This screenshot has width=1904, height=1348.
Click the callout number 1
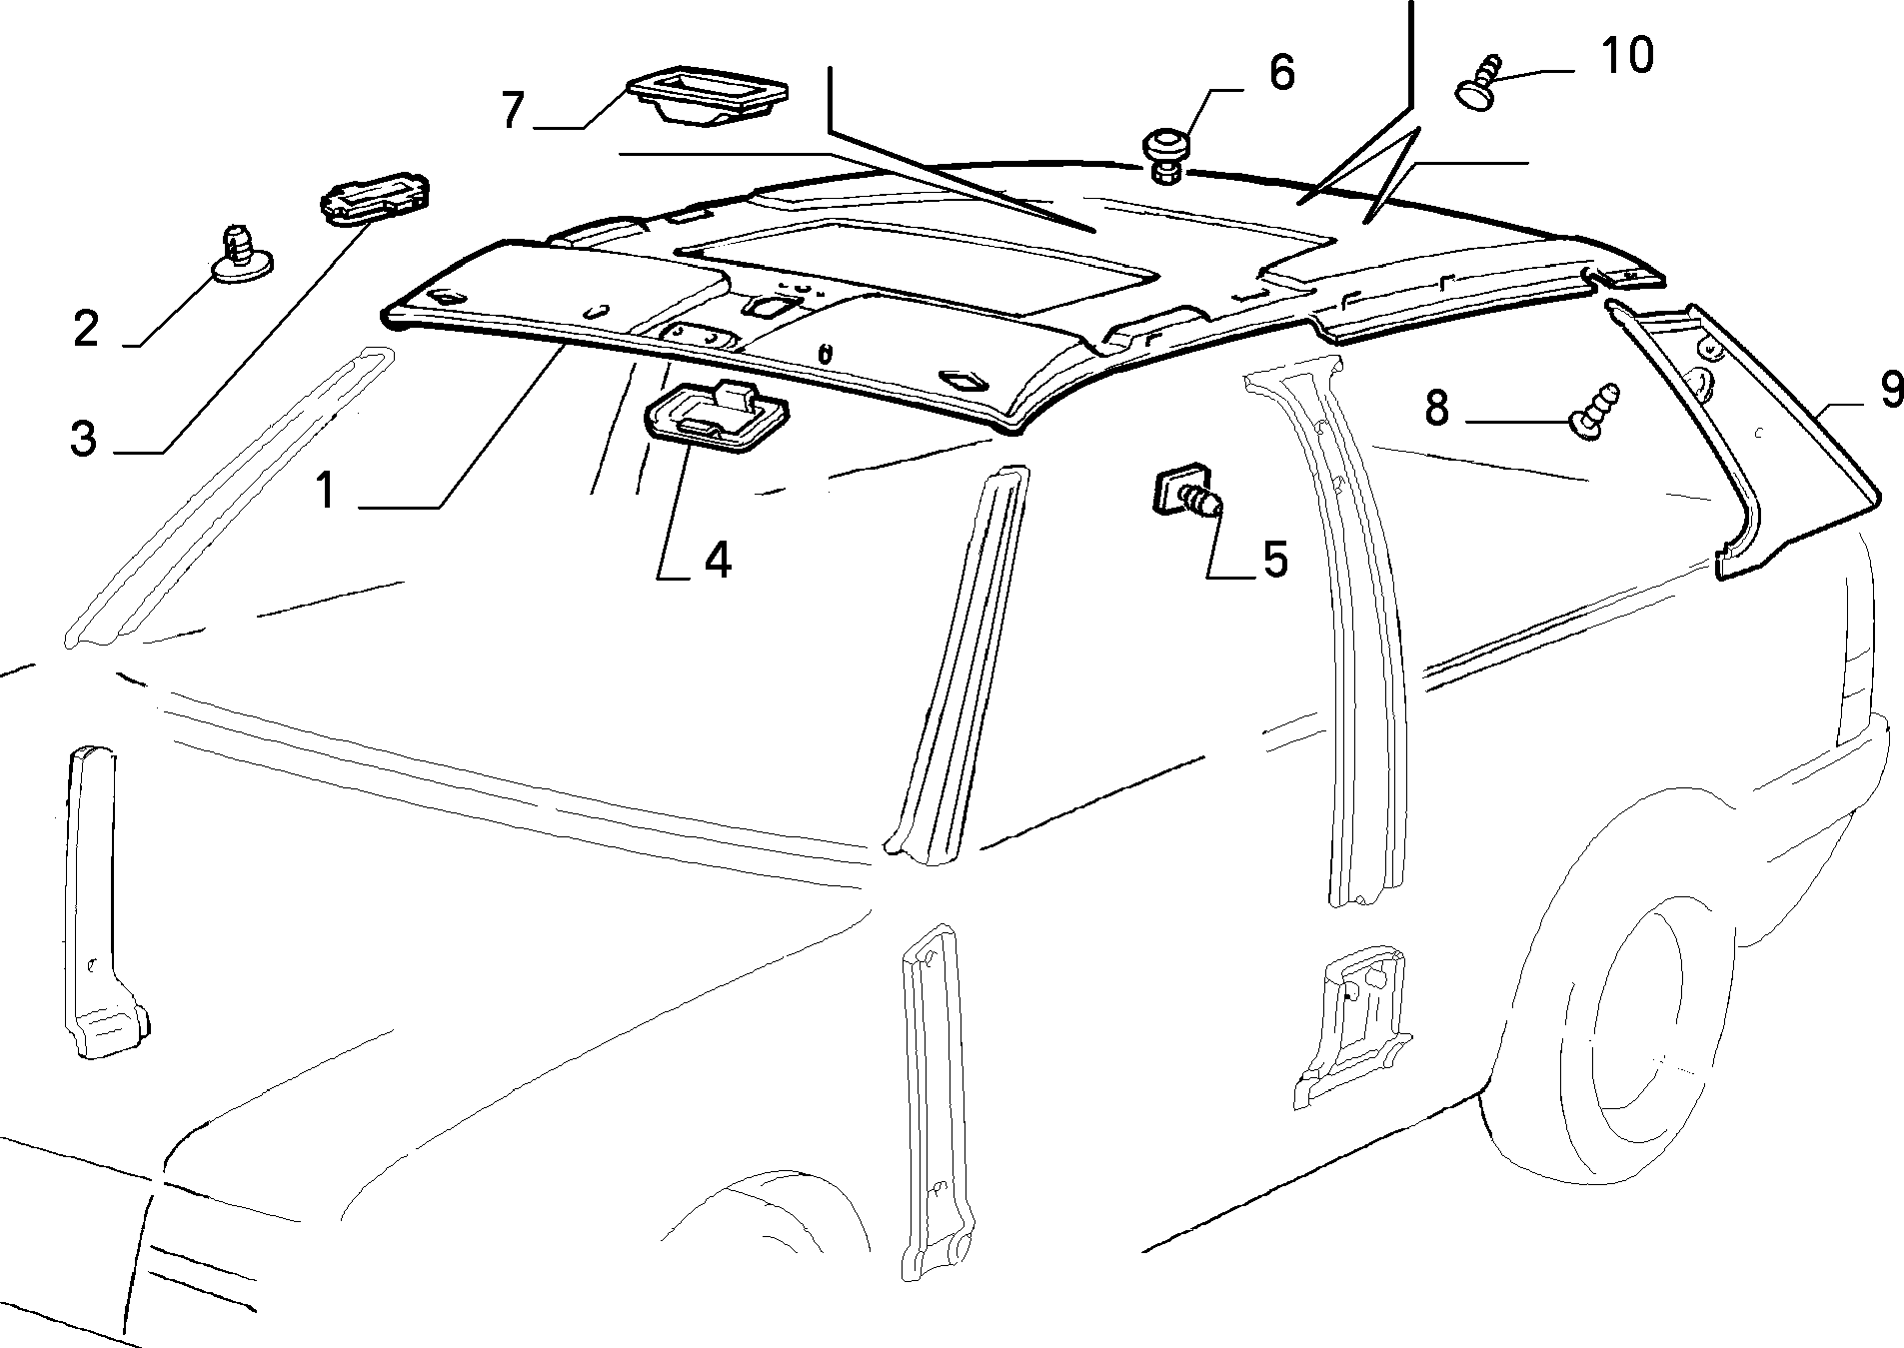tap(325, 492)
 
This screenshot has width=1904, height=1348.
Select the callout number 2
tap(86, 329)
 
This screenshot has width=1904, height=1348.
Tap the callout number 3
tap(84, 438)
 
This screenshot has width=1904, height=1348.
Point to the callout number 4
tap(717, 560)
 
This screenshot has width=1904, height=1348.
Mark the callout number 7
tap(512, 110)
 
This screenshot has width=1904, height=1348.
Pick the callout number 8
tap(1436, 408)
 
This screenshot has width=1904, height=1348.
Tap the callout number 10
tap(1627, 55)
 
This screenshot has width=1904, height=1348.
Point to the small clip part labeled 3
tap(375, 196)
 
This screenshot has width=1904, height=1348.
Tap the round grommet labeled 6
tap(1165, 154)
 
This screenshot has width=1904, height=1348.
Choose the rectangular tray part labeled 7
tap(711, 96)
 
